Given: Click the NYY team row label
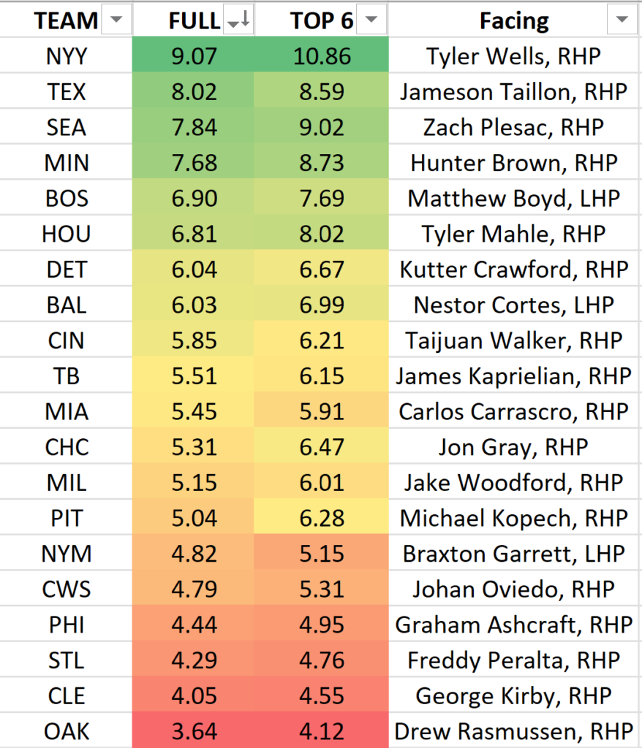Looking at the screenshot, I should pos(66,56).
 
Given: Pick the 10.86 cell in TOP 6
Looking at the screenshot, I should pos(322,56).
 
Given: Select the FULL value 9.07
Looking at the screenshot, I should pos(193,56).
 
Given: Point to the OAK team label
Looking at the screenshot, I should pos(66,731).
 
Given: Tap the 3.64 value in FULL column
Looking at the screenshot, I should pos(193,731).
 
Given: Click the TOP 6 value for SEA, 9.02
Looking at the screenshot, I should pos(322,127).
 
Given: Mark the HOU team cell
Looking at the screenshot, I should pos(66,234).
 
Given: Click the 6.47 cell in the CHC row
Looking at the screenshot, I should pos(322,447).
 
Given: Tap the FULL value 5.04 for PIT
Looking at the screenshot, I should pos(193,518).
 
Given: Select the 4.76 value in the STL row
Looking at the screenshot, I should pos(322,660).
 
